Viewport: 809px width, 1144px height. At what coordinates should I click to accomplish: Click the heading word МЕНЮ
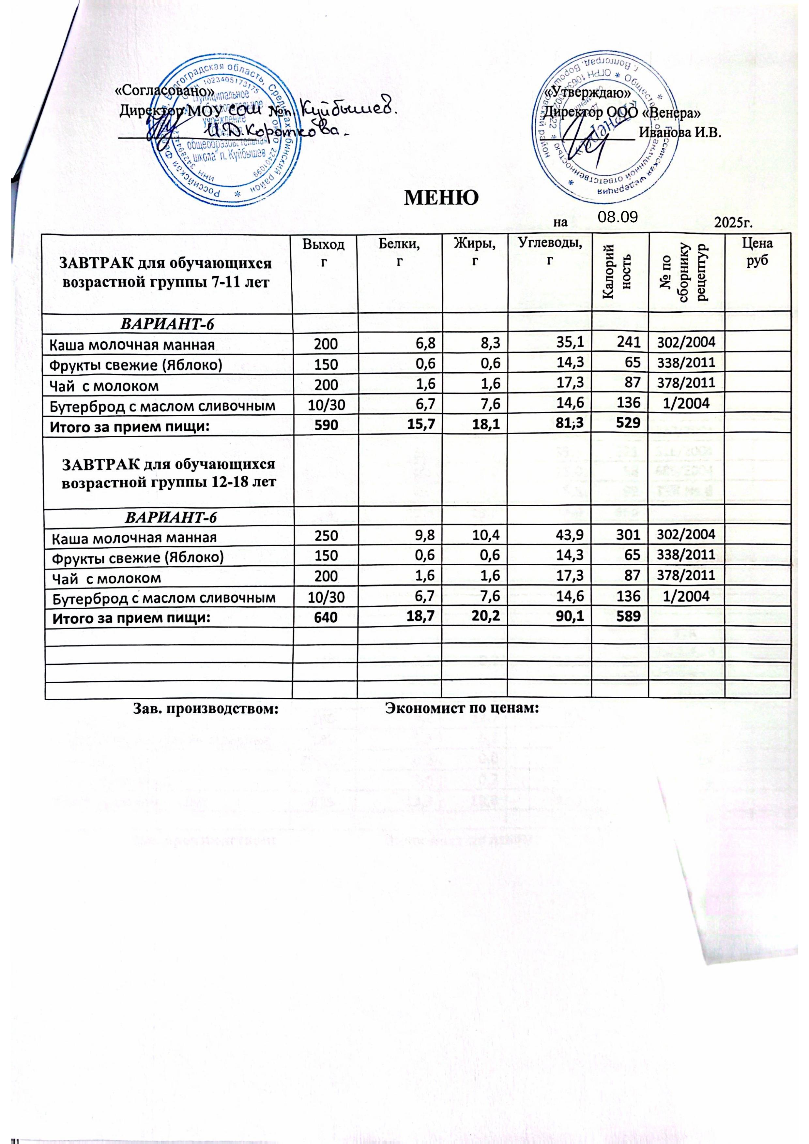(441, 199)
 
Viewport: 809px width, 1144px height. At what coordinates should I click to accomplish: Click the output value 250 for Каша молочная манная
(326, 537)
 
